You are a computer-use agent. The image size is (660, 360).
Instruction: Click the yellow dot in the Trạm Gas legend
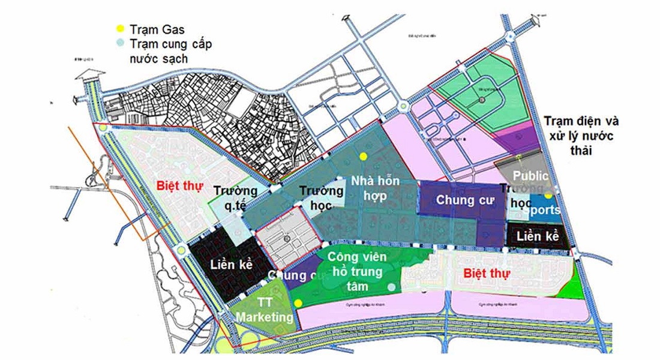click(x=119, y=28)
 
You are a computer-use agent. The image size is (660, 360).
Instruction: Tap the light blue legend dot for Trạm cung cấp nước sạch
click(x=119, y=43)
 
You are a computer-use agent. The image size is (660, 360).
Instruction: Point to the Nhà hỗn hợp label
click(x=375, y=188)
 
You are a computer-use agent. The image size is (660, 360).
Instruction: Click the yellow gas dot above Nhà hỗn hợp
click(x=363, y=156)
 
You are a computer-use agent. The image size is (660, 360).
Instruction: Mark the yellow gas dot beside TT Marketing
click(x=298, y=303)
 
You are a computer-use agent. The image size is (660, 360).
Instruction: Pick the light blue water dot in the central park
click(x=392, y=287)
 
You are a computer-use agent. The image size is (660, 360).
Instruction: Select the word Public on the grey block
click(x=530, y=176)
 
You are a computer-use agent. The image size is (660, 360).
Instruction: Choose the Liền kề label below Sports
click(x=537, y=236)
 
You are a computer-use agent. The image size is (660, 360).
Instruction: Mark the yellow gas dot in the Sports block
click(x=548, y=196)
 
